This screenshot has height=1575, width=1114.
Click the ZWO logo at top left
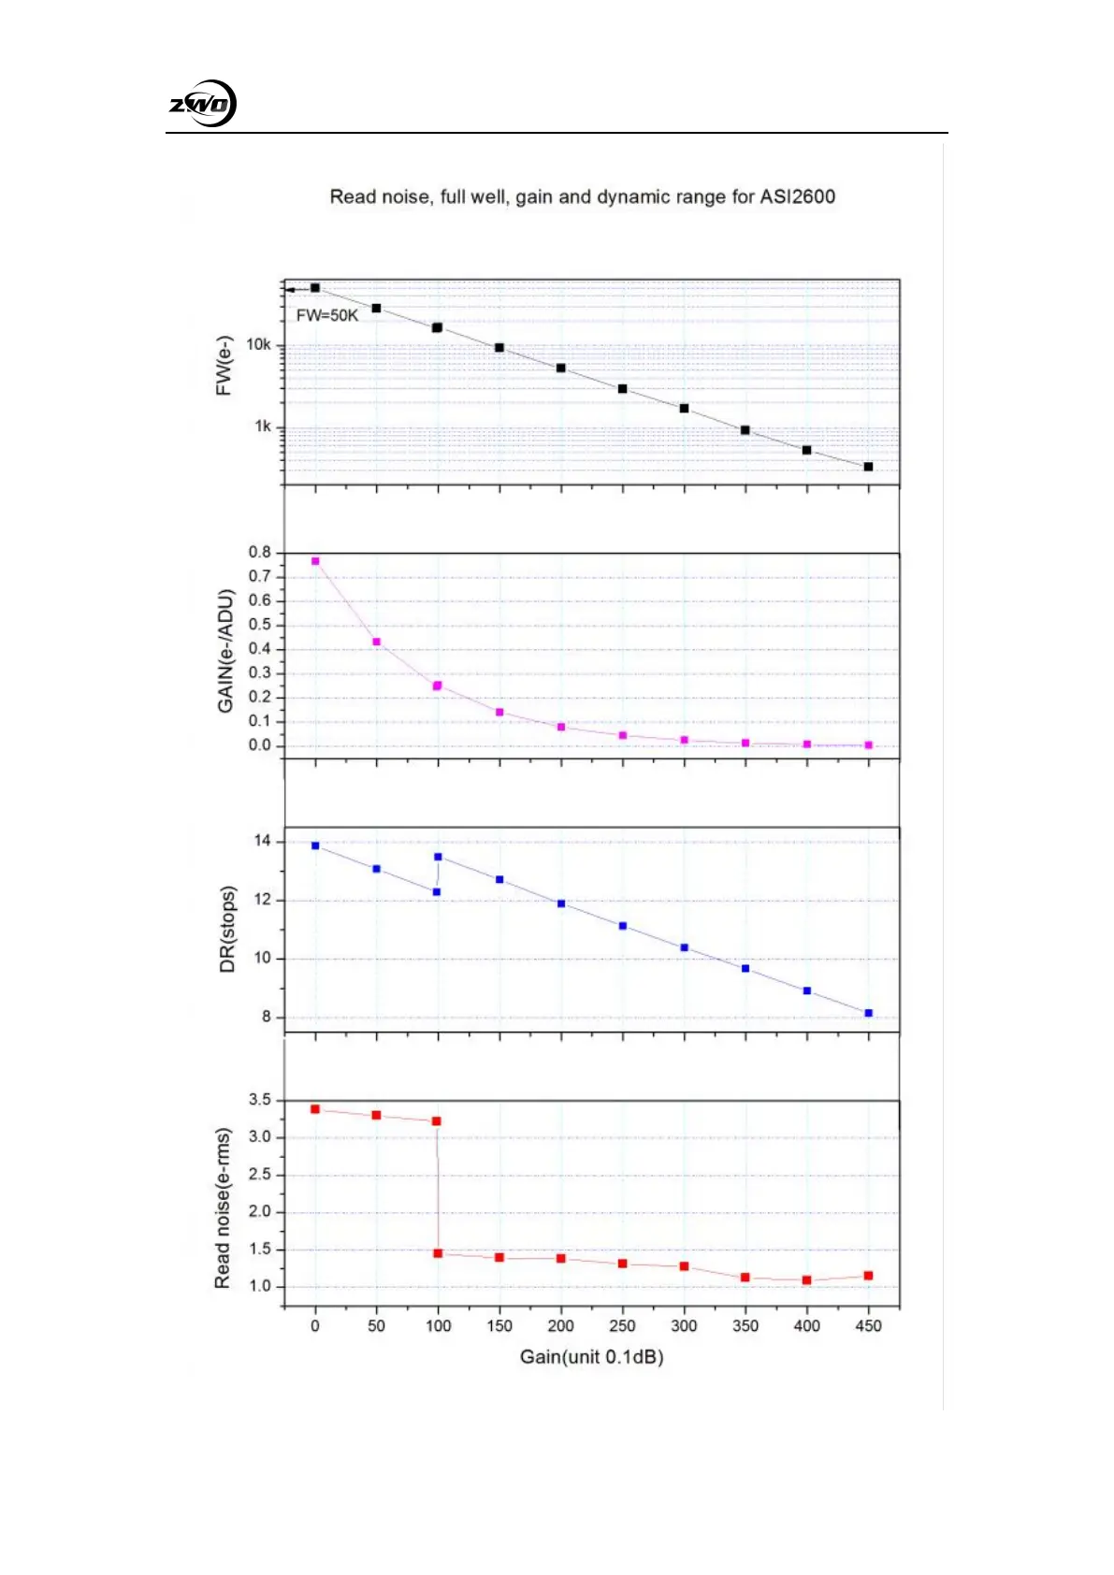tap(202, 104)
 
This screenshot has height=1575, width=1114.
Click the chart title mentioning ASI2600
tap(582, 197)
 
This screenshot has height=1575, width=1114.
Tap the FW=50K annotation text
tap(327, 316)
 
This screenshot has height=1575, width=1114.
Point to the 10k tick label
tap(258, 345)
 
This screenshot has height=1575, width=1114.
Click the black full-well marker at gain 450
tap(868, 467)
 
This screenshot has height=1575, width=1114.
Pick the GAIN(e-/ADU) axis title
tap(225, 651)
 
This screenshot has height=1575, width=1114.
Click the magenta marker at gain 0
tap(315, 561)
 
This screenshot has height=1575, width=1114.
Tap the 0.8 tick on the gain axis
tap(259, 553)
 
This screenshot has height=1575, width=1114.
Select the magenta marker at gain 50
tap(377, 642)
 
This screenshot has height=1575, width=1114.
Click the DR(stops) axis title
tap(227, 929)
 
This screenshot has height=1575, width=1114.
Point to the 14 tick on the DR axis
tap(262, 842)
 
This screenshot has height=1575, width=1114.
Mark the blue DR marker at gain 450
tap(869, 1013)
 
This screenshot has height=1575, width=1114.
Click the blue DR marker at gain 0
tap(315, 845)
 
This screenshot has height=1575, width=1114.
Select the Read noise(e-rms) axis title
tap(223, 1207)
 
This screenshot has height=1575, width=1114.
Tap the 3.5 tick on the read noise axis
tap(259, 1101)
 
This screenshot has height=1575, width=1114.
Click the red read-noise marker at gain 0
tap(315, 1109)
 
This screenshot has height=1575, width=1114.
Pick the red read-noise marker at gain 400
tap(806, 1280)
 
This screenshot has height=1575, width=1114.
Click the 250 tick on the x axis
tap(622, 1326)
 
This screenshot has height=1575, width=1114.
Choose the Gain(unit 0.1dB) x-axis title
tap(591, 1357)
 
